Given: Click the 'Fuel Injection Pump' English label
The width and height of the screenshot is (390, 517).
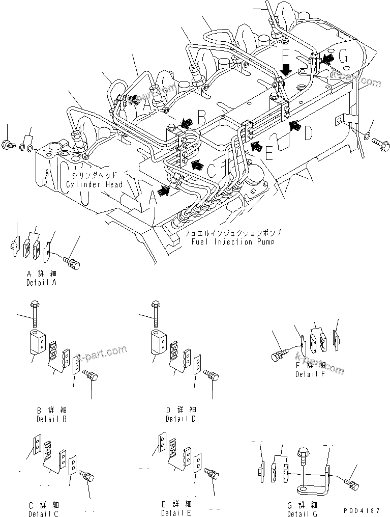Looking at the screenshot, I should coord(232,241).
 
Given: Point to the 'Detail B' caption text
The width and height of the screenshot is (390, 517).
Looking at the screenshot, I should coord(50,419).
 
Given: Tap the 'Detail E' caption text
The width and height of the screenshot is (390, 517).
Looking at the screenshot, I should coord(175,513).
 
